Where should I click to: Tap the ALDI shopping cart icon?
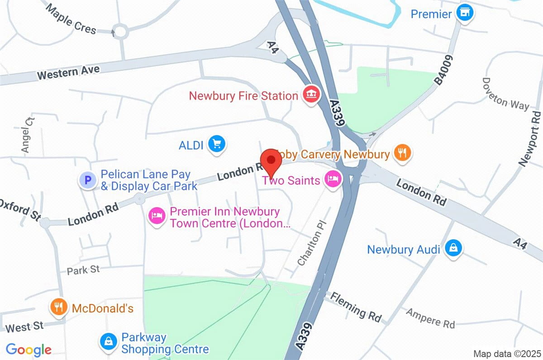pos(217,144)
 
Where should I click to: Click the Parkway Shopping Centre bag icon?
pos(109,342)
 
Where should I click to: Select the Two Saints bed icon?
pos(333,179)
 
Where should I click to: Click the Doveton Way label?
pos(505,94)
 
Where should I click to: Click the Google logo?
pos(29,349)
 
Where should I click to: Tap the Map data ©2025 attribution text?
pos(506,353)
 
